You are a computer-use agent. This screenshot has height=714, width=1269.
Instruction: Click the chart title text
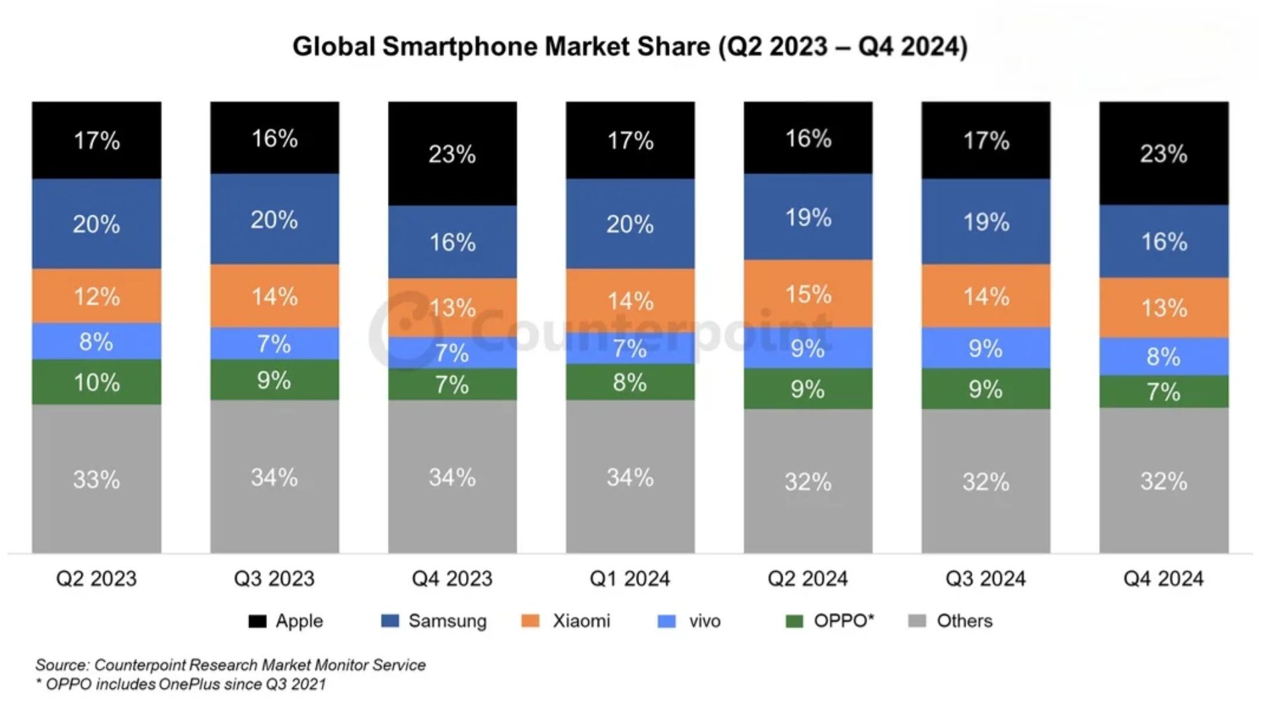[x=630, y=47]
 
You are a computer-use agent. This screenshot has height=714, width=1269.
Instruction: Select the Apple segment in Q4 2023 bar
[x=452, y=153]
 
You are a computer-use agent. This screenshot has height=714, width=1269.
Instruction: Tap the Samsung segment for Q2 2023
[x=96, y=223]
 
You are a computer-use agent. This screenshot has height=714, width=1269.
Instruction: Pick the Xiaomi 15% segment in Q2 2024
[x=808, y=294]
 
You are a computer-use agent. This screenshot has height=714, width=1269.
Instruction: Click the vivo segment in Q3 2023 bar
[x=274, y=343]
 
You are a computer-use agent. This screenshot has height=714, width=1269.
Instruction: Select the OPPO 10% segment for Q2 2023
[x=96, y=381]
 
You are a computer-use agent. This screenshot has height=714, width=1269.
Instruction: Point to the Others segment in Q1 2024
[x=630, y=477]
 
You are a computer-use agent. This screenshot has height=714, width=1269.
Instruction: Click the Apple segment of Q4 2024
[x=1163, y=153]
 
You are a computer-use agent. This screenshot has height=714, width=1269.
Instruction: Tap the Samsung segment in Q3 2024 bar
[x=985, y=221]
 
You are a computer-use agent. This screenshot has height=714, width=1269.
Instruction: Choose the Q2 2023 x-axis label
[x=96, y=578]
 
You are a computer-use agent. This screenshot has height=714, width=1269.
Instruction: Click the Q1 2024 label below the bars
[x=630, y=578]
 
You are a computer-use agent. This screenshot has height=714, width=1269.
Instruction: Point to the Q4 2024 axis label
[x=1163, y=578]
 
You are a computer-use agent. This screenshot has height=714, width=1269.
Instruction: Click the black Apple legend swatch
[x=257, y=621]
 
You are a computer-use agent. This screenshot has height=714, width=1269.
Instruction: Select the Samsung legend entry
[x=447, y=621]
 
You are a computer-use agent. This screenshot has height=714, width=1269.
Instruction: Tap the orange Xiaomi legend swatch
[x=530, y=621]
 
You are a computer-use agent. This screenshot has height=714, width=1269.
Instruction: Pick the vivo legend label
[x=705, y=621]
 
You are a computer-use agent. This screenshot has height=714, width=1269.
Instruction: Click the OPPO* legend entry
[x=843, y=621]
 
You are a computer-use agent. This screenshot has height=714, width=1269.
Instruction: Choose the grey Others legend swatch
[x=917, y=621]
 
